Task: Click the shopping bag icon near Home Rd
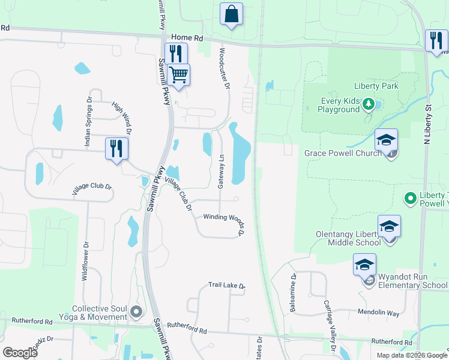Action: coord(231,14)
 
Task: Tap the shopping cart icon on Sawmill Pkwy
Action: coord(178,76)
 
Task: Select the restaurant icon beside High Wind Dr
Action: coord(116,148)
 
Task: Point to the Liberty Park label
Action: coord(377,86)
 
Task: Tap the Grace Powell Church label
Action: coord(343,153)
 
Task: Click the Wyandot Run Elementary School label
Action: coord(409,281)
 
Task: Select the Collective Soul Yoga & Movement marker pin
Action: coord(137,311)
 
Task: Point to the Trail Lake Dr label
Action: coord(227,286)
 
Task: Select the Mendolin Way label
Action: coord(378,313)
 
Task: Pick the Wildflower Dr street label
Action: coord(85,262)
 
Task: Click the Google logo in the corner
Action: coord(20,353)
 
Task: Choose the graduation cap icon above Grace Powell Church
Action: coord(387,140)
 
